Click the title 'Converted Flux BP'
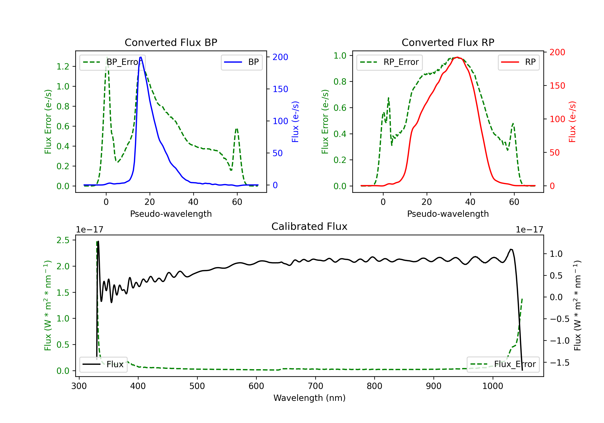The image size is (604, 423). coord(171,42)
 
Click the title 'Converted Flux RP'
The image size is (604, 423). coord(448,42)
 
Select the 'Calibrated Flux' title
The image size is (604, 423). coord(309,226)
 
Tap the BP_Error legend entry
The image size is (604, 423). coord(112,62)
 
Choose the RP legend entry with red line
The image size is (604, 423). coord(518,62)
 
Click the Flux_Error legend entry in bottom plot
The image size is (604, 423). coord(503,364)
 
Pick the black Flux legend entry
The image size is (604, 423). coord(103,364)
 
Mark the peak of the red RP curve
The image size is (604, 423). coord(457,57)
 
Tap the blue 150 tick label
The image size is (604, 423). coord(280,89)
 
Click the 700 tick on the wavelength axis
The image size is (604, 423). coord(315,386)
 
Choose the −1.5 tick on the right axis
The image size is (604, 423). coord(560,363)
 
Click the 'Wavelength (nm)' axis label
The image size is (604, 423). coord(309,398)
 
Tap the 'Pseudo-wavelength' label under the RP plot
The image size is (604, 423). coord(448,214)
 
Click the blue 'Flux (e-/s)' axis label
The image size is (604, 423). coord(295,122)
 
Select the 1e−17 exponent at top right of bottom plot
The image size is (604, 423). coord(529,230)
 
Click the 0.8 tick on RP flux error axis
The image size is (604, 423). coord(340,82)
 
